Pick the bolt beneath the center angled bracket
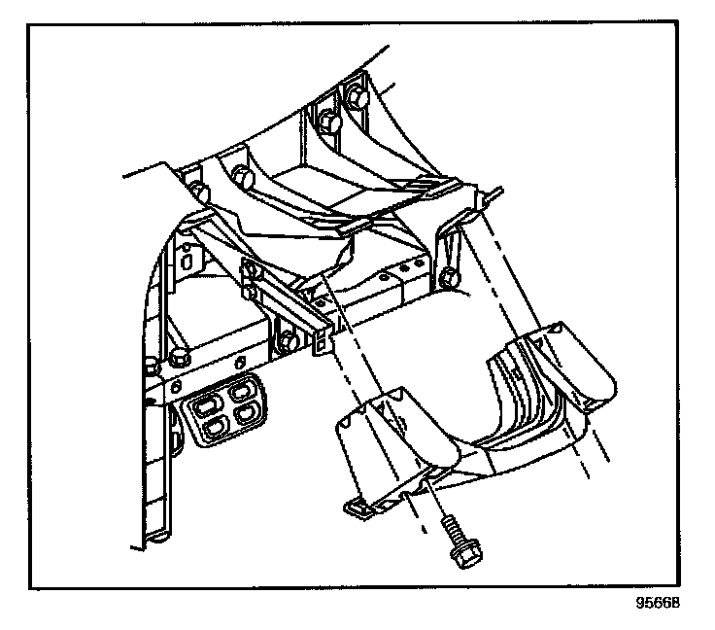[x=289, y=342]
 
